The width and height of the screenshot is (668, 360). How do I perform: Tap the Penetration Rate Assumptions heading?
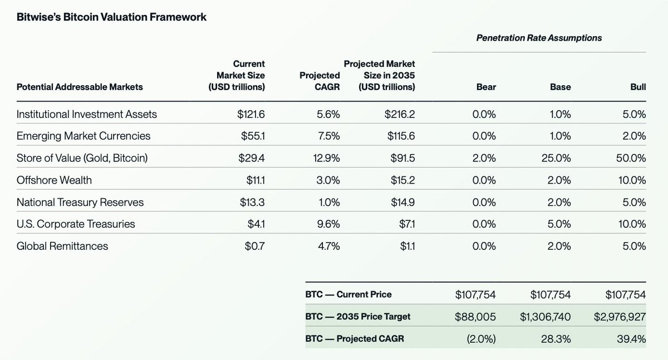pos(539,38)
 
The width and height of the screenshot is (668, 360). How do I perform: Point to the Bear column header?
pos(486,87)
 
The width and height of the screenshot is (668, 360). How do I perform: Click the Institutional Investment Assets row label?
pos(87,115)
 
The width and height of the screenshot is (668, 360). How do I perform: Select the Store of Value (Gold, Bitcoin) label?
pos(82,158)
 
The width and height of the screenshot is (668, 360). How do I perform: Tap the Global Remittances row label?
pos(62,246)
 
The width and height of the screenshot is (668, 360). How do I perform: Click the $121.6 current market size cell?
pos(251,115)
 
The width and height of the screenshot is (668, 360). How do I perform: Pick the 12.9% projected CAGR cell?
pos(327,158)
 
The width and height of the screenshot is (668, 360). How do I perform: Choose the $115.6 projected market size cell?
pos(400,136)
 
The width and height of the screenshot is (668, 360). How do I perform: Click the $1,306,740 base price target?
pos(546,317)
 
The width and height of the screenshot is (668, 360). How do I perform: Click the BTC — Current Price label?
pos(348,294)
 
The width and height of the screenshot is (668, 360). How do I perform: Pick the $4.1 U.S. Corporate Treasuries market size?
pos(256,224)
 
